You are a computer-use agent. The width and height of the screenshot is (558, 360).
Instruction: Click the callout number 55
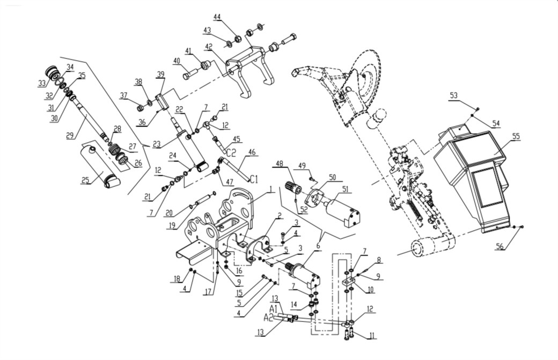pyautogui.click(x=516, y=136)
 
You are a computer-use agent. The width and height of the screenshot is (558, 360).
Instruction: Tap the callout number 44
pyautogui.click(x=217, y=17)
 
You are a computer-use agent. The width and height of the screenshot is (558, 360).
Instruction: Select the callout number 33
pyautogui.click(x=42, y=84)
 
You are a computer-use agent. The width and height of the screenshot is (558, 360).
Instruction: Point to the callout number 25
pyautogui.click(x=85, y=180)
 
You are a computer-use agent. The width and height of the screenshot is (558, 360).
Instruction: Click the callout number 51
pyautogui.click(x=345, y=189)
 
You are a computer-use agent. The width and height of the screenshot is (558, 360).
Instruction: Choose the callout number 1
pyautogui.click(x=271, y=189)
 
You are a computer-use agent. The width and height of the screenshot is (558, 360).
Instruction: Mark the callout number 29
pyautogui.click(x=70, y=135)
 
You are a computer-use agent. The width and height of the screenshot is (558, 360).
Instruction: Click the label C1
pyautogui.click(x=253, y=179)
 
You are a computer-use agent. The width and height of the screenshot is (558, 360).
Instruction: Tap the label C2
pyautogui.click(x=231, y=153)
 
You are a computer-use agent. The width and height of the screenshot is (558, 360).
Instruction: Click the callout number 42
pyautogui.click(x=209, y=46)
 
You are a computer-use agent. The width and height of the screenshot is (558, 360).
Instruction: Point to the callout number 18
pyautogui.click(x=177, y=278)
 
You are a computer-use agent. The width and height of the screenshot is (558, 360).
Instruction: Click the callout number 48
pyautogui.click(x=280, y=164)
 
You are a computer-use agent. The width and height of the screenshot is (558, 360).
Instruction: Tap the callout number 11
pyautogui.click(x=372, y=335)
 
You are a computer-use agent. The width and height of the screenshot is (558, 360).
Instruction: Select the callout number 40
pyautogui.click(x=177, y=61)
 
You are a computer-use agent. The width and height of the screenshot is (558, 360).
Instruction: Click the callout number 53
pyautogui.click(x=453, y=95)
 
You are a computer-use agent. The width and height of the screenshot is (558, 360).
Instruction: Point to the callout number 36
pyautogui.click(x=142, y=122)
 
